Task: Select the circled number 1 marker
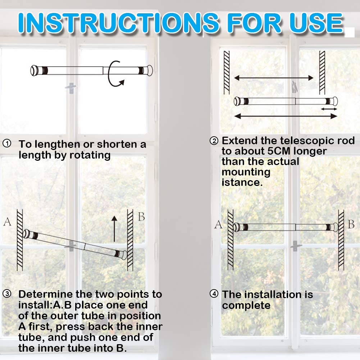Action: click(x=7, y=144)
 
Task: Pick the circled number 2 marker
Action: click(x=214, y=140)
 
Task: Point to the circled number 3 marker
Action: click(x=7, y=294)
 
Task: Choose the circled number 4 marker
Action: click(x=214, y=294)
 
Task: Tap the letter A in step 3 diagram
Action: click(x=7, y=222)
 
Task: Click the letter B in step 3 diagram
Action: click(x=141, y=217)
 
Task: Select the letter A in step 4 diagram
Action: click(x=218, y=225)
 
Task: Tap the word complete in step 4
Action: click(x=246, y=305)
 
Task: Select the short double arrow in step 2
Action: click(x=329, y=109)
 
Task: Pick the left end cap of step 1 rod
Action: click(x=35, y=70)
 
